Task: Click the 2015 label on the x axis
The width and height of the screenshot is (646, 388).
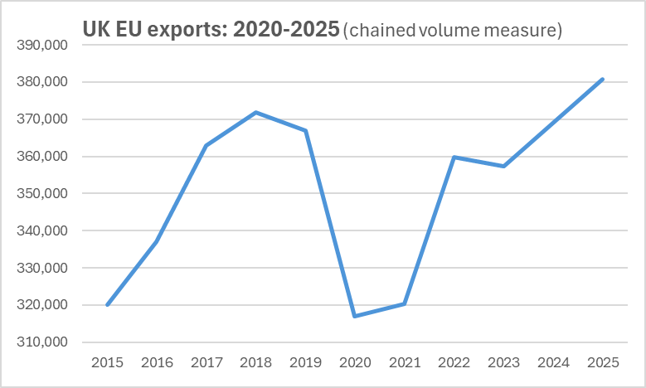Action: pyautogui.click(x=108, y=362)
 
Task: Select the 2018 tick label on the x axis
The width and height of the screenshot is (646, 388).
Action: pyautogui.click(x=256, y=362)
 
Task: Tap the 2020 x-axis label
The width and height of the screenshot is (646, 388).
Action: pyautogui.click(x=355, y=362)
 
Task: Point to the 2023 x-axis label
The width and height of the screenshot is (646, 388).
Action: pyautogui.click(x=503, y=362)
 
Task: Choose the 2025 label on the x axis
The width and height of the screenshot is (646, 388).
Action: pyautogui.click(x=603, y=362)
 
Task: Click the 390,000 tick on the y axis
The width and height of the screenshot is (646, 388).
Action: pyautogui.click(x=42, y=46)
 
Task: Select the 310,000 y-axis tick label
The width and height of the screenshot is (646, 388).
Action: pyautogui.click(x=42, y=342)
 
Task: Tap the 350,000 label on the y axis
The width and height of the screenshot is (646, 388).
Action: pyautogui.click(x=42, y=194)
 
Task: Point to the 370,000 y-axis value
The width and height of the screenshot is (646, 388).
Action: pyautogui.click(x=42, y=119)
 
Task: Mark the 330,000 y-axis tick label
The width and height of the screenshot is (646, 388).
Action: pyautogui.click(x=42, y=269)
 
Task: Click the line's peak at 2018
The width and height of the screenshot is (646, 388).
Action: pyautogui.click(x=256, y=112)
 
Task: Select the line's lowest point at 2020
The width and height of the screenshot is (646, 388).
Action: pyautogui.click(x=355, y=316)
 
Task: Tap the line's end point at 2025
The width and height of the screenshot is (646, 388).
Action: pyautogui.click(x=603, y=80)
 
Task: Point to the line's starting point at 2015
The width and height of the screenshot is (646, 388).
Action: pyautogui.click(x=108, y=305)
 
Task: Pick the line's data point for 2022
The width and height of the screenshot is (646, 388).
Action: pyautogui.click(x=454, y=157)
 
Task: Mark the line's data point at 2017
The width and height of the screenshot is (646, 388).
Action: pyautogui.click(x=206, y=146)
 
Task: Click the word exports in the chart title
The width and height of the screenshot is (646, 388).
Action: pyautogui.click(x=187, y=30)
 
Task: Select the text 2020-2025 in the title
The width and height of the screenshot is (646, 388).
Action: pyautogui.click(x=286, y=30)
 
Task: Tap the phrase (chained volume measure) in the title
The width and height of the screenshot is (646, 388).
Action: pyautogui.click(x=452, y=31)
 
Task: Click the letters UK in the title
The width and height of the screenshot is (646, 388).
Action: pyautogui.click(x=95, y=30)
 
